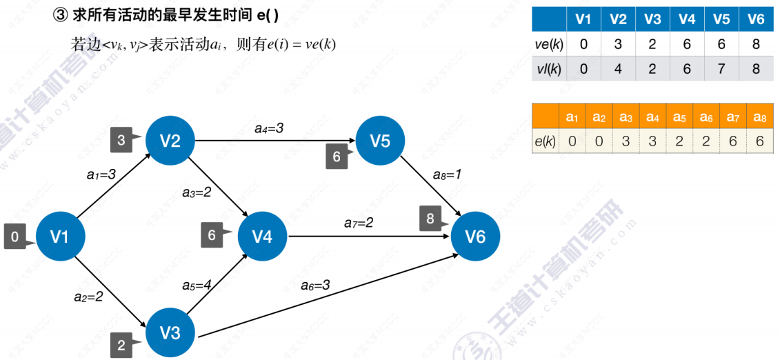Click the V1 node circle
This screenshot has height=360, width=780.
click(60, 237)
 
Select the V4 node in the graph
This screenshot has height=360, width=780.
click(263, 237)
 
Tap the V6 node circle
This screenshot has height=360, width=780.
click(475, 237)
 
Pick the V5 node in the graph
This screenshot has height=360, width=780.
click(381, 141)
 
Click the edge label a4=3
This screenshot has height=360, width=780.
click(269, 129)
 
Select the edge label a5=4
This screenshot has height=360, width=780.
click(197, 286)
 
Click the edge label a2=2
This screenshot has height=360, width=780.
click(88, 297)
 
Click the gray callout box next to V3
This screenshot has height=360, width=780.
click(122, 345)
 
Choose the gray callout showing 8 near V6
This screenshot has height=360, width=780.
click(431, 219)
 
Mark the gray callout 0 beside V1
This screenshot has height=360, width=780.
click(15, 237)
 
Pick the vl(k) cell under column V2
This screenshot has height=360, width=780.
click(618, 68)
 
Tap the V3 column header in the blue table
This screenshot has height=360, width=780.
click(652, 20)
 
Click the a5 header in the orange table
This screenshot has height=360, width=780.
click(679, 117)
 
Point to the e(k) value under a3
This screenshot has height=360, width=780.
click(626, 141)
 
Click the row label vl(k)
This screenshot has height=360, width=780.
click(549, 68)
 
